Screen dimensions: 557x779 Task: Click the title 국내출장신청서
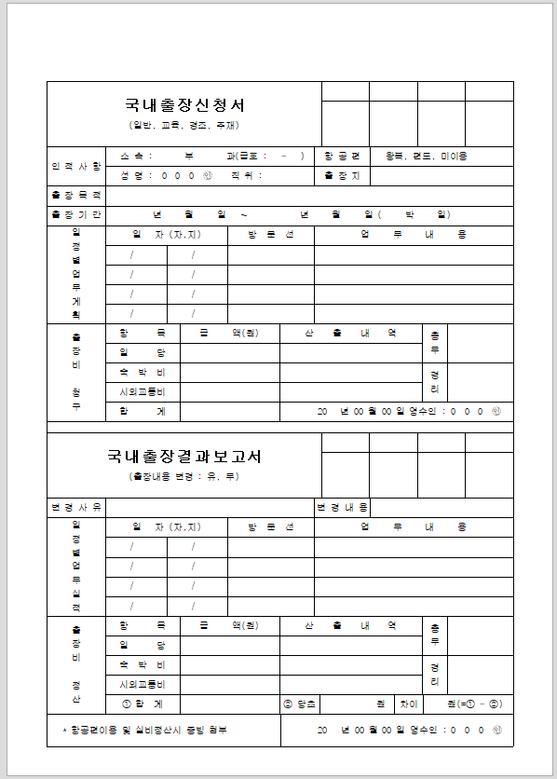pyautogui.click(x=184, y=105)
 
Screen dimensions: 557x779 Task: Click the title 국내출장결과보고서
pyautogui.click(x=184, y=457)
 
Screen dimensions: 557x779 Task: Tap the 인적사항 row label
pyautogui.click(x=76, y=166)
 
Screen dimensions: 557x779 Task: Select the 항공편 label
pyautogui.click(x=342, y=156)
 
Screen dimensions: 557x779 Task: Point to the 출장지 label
pyautogui.click(x=342, y=175)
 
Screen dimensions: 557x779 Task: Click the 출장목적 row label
pyautogui.click(x=76, y=196)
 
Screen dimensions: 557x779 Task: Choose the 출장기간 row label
pyautogui.click(x=76, y=215)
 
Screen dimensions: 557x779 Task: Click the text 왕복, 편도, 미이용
pyautogui.click(x=427, y=156)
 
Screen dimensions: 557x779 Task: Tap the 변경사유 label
pyautogui.click(x=76, y=508)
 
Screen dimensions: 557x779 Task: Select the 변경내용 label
pyautogui.click(x=342, y=508)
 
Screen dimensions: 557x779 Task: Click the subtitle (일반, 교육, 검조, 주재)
pyautogui.click(x=184, y=125)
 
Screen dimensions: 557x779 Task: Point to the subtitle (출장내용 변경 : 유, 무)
pyautogui.click(x=184, y=476)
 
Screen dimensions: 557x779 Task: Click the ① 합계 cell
pyautogui.click(x=143, y=704)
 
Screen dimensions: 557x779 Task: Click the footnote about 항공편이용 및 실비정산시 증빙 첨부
pyautogui.click(x=141, y=730)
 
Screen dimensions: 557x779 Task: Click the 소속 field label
pyautogui.click(x=130, y=156)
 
